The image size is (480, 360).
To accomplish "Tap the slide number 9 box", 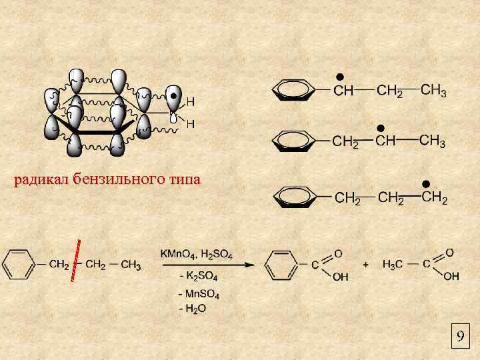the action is click(x=459, y=337).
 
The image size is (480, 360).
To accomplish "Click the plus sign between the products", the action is click(x=365, y=265).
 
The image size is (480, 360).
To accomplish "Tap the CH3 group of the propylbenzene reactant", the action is click(x=130, y=265).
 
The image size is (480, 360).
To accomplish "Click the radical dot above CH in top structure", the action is click(x=339, y=75).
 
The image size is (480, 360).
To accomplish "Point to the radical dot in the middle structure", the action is click(x=380, y=127).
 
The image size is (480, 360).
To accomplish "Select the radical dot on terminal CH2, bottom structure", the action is click(x=425, y=183).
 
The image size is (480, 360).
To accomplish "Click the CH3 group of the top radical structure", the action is click(x=434, y=91).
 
